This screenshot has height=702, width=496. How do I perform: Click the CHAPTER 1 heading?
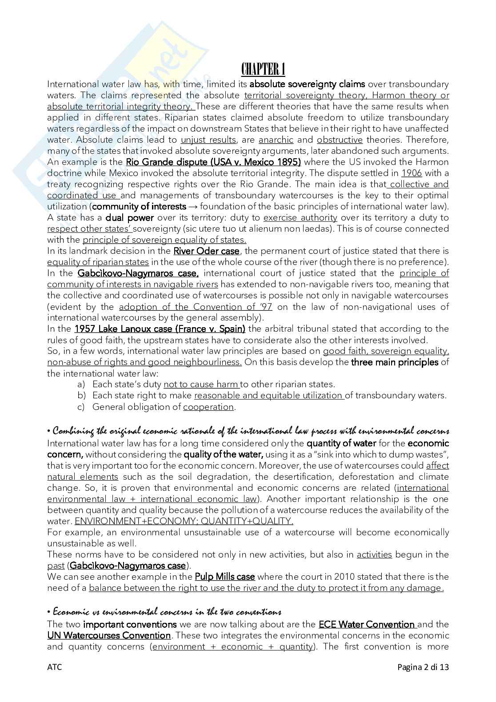pos(263,69)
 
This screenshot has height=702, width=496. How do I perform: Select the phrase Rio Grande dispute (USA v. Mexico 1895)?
pos(213,162)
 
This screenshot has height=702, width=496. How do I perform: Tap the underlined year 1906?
pos(411,173)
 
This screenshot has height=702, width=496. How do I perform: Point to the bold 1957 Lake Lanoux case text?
pos(160,329)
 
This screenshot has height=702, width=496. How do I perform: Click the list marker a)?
pos(81,385)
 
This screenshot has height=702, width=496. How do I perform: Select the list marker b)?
pos(81,396)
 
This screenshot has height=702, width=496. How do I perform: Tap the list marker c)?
pos(81,407)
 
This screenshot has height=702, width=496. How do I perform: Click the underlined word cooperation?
pos(208,407)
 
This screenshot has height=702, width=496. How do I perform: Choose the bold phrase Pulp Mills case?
pos(224,577)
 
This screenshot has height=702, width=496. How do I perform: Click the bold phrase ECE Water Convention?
pos(367,624)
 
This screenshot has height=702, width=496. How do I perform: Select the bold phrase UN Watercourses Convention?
pos(109,635)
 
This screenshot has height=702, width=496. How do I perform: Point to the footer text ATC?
pos(54,667)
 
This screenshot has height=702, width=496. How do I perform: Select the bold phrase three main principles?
pos(394,362)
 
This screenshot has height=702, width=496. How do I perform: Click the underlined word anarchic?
pos(276,140)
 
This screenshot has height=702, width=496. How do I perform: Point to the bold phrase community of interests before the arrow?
pos(139,207)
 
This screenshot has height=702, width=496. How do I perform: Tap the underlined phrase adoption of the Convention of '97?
pos(196,307)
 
